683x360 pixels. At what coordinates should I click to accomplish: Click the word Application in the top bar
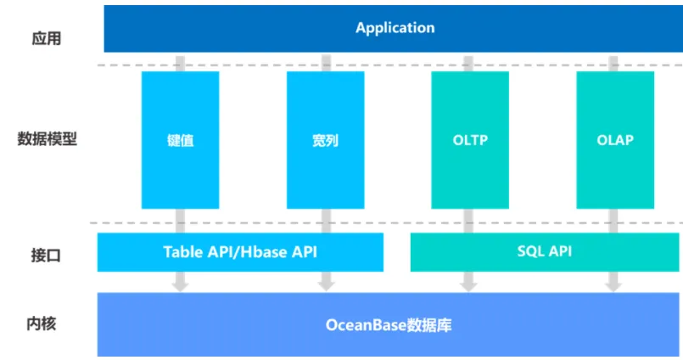coord(395,28)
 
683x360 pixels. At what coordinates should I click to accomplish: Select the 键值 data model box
coord(181,140)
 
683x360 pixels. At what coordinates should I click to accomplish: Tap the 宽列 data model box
coord(326,140)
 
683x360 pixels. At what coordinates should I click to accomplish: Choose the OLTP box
coord(470,140)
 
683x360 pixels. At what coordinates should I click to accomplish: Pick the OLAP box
coord(615,140)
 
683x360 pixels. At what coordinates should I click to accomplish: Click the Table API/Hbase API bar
coord(240,252)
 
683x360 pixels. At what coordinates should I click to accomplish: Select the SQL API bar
coord(545,252)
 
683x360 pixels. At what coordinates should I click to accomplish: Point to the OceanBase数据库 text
coord(389,325)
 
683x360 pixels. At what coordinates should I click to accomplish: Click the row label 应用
coord(46,38)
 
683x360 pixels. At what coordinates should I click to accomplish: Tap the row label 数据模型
coord(47,139)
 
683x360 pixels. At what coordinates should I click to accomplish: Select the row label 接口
coord(46,256)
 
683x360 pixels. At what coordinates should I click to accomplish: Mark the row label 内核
coord(42,323)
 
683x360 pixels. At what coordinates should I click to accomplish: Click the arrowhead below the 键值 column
coord(180,286)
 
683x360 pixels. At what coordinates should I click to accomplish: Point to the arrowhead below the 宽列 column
coord(326,286)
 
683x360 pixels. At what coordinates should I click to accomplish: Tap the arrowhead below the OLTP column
coord(468,286)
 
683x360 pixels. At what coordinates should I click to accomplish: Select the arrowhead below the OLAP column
coord(613,286)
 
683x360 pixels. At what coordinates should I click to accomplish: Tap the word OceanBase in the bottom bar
coord(360,325)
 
